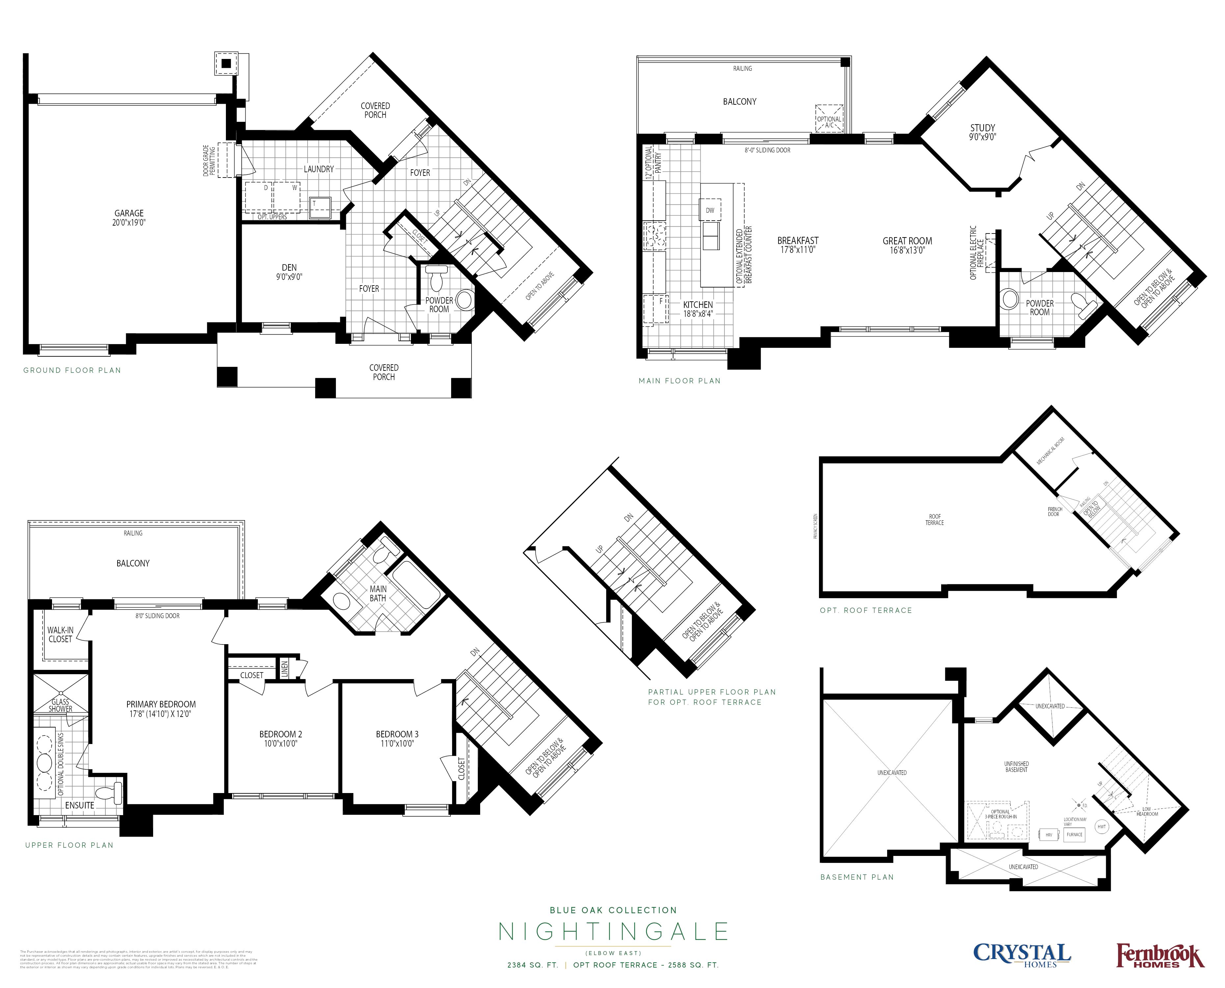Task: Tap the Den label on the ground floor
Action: [x=289, y=267]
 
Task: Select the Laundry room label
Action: [x=319, y=169]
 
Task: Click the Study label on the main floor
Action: [x=983, y=128]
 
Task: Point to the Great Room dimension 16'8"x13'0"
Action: [x=908, y=250]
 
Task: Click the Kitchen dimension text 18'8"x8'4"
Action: [x=698, y=314]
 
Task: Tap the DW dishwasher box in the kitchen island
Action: [x=710, y=210]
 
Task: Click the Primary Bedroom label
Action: [x=161, y=704]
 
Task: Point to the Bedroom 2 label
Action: [x=281, y=734]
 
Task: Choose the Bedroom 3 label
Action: [x=397, y=734]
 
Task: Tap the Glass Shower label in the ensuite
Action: [x=60, y=705]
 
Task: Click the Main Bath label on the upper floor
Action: [x=378, y=593]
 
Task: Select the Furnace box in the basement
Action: [x=1074, y=834]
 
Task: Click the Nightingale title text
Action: [x=613, y=932]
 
